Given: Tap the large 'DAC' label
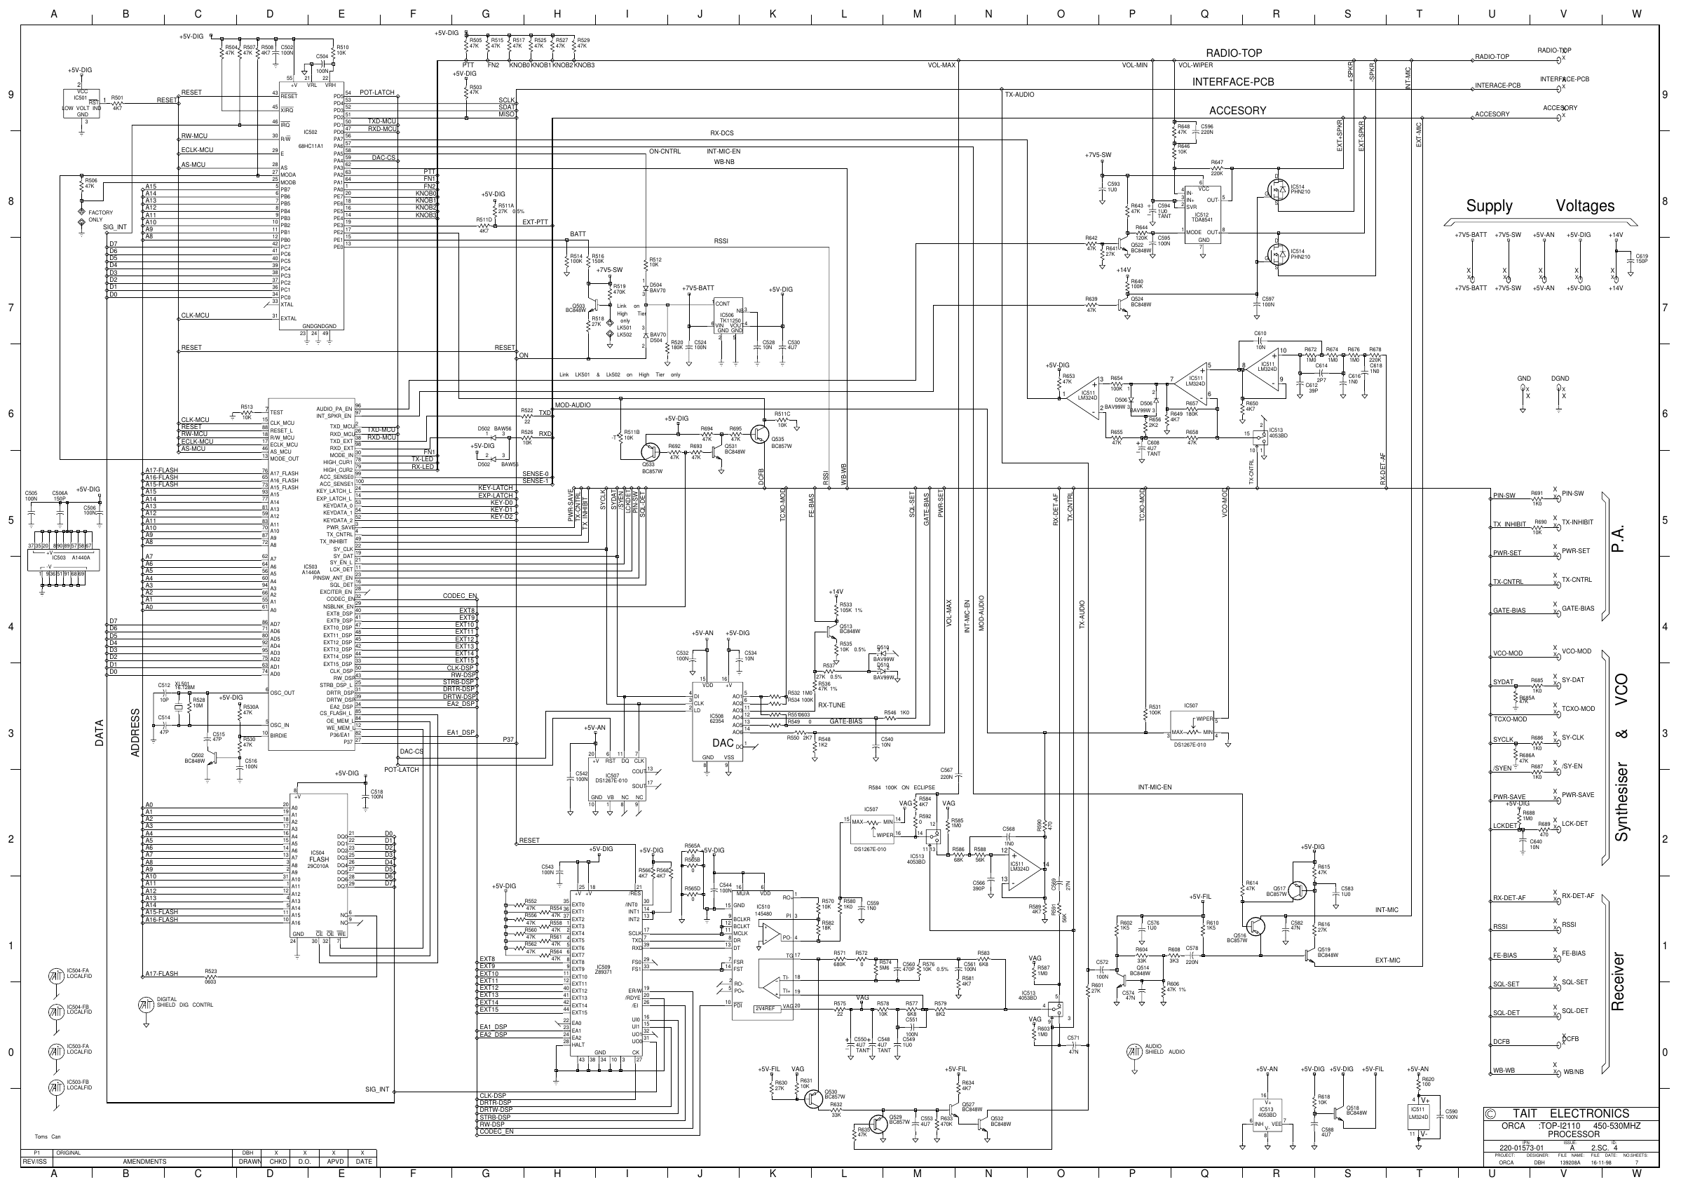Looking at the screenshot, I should [x=723, y=743].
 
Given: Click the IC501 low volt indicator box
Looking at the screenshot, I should [x=82, y=103].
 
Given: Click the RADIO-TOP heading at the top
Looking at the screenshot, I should [x=1234, y=53].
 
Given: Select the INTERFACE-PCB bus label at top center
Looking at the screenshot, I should [x=1233, y=82].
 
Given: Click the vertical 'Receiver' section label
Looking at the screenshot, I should [x=1617, y=981].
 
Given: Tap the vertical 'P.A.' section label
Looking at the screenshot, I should [x=1618, y=538].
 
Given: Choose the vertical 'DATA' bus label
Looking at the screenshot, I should [x=100, y=733].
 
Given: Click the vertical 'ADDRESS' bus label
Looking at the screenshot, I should [x=135, y=732].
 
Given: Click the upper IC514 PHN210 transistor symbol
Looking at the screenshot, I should [x=1278, y=191].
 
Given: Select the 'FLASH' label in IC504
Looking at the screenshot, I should [x=318, y=860].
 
